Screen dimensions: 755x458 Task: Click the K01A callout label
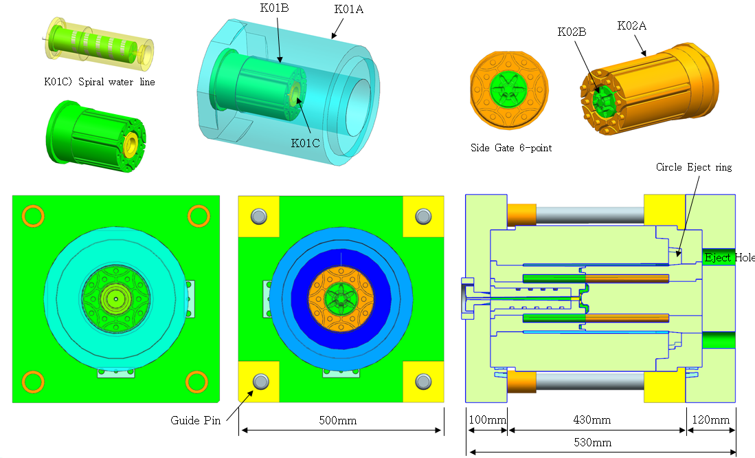point(348,9)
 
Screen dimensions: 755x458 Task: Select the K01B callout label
point(275,8)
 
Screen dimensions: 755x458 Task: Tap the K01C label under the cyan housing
point(305,143)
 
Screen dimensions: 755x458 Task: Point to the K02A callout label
point(632,25)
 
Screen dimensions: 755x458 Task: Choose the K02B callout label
point(572,32)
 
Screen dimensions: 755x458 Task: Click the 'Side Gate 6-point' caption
point(511,148)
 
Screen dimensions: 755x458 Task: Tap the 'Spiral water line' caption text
point(117,82)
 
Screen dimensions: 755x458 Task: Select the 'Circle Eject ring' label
point(694,167)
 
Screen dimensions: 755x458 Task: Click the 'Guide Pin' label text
point(196,420)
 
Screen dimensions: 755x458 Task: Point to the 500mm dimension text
point(337,420)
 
